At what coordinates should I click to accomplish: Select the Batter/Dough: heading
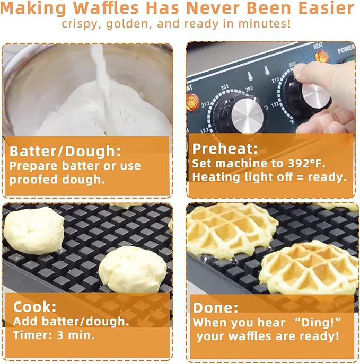(65, 151)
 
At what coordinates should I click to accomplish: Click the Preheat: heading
(224, 148)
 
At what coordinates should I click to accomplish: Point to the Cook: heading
(33, 307)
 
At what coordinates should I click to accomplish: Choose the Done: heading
(216, 308)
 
